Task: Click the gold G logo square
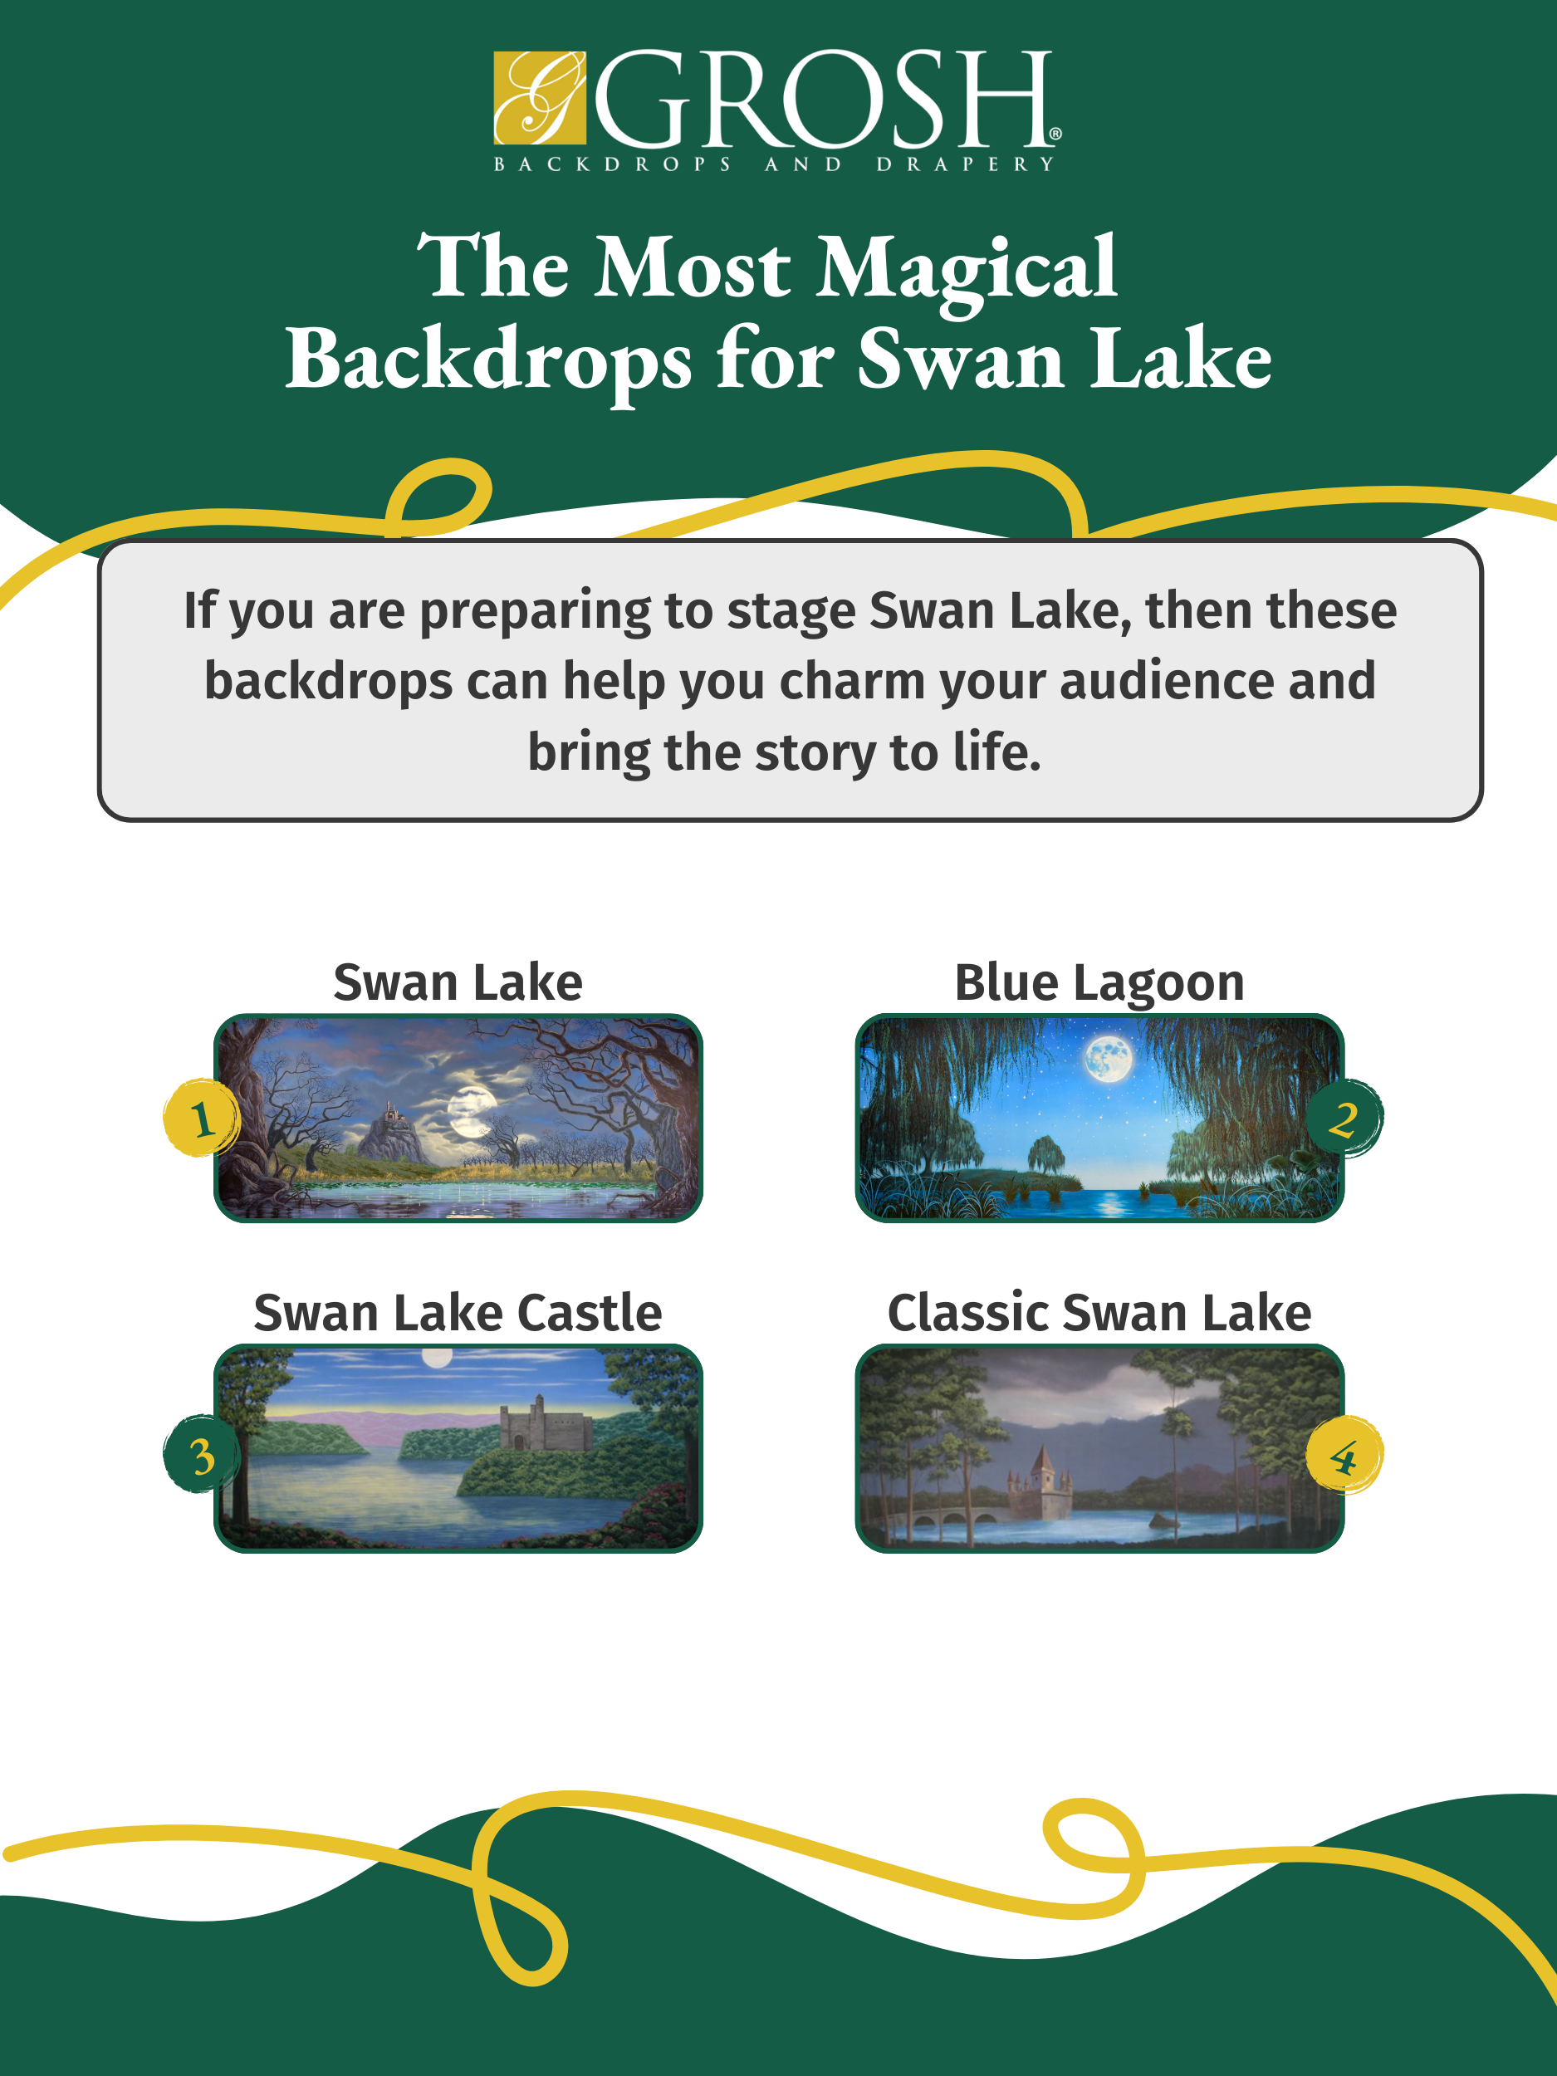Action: click(x=540, y=99)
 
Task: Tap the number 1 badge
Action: click(x=202, y=1118)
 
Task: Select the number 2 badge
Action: click(x=1344, y=1118)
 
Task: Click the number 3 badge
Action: click(x=202, y=1455)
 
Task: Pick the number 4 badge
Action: click(x=1344, y=1455)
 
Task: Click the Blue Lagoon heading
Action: click(x=1099, y=982)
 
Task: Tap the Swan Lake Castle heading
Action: click(x=458, y=1312)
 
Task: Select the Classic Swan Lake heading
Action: click(x=1099, y=1312)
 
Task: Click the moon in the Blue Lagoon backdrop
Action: click(x=1108, y=1058)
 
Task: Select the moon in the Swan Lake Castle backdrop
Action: click(x=437, y=1357)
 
